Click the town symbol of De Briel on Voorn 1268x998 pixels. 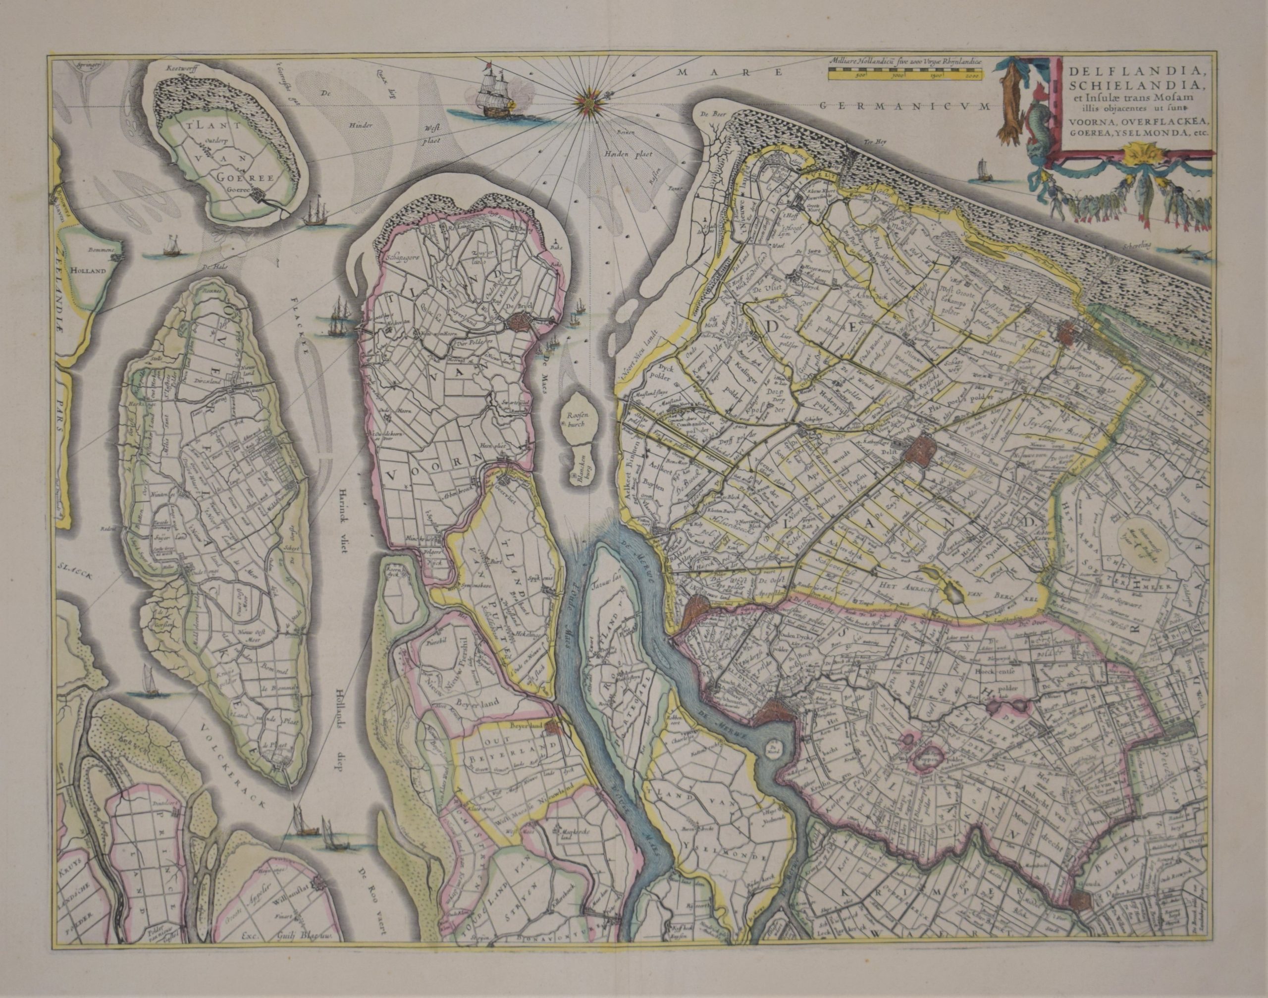518,322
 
